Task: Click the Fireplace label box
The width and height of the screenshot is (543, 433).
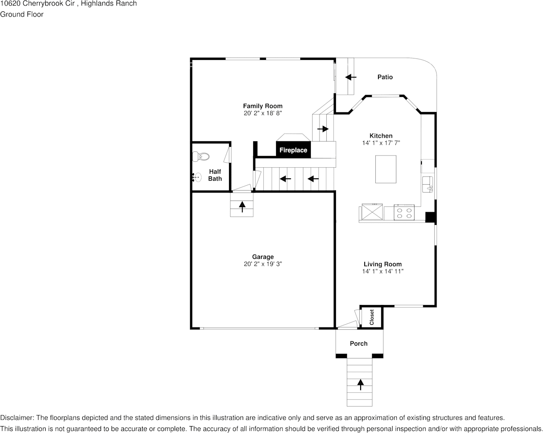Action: (x=293, y=150)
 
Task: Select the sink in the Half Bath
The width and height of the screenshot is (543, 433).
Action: (x=197, y=177)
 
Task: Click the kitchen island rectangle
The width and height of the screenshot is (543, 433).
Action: (x=386, y=169)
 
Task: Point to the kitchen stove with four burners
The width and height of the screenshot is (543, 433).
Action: (x=404, y=213)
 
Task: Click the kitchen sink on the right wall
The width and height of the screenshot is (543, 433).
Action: (x=428, y=184)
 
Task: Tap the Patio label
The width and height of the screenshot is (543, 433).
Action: (x=385, y=77)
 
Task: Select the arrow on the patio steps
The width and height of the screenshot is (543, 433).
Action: (x=351, y=77)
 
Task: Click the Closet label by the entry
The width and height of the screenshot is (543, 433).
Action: (x=372, y=317)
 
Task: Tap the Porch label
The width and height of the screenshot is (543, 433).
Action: (x=358, y=343)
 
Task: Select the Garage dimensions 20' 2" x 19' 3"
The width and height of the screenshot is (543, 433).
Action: (x=263, y=264)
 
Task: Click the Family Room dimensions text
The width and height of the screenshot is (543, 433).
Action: (x=263, y=113)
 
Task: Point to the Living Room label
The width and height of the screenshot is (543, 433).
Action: (x=383, y=264)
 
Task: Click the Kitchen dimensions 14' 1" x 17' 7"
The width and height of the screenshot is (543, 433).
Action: (x=381, y=143)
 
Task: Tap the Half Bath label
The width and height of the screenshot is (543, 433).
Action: (x=215, y=175)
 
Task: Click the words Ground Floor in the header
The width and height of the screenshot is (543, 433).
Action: (x=22, y=14)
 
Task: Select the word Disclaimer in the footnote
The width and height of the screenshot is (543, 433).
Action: (x=16, y=418)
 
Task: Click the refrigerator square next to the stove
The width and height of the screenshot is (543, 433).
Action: (x=372, y=212)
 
